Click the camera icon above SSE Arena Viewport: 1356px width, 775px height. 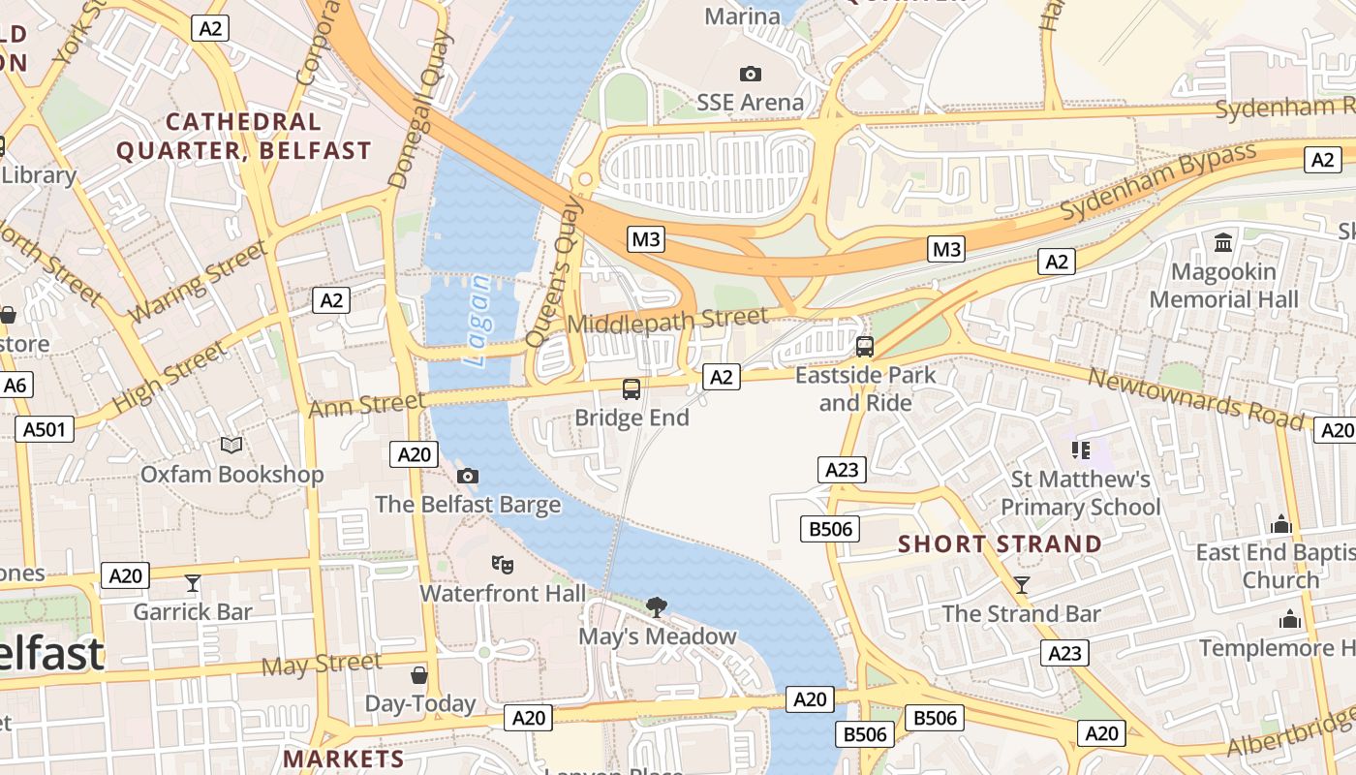tap(750, 74)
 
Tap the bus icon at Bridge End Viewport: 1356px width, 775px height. tap(632, 389)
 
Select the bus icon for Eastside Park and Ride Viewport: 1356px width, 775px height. tap(865, 346)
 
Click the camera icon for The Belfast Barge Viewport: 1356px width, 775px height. tap(468, 476)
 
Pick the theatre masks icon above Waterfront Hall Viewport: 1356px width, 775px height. tap(502, 563)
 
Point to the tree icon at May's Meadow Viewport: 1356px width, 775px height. tap(657, 607)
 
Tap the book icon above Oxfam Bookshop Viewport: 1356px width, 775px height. tap(231, 445)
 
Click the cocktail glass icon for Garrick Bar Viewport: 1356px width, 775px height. tap(193, 582)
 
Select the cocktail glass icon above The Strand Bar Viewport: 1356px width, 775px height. tap(1021, 584)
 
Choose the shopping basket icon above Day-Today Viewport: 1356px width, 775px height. tap(419, 674)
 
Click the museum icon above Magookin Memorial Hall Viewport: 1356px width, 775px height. tap(1223, 242)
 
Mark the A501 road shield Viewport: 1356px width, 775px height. tap(45, 429)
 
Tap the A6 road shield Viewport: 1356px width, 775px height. tap(15, 386)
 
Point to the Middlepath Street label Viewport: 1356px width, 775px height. tap(667, 319)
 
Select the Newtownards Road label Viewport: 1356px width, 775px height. tap(1195, 397)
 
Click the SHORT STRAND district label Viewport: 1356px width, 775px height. tap(1000, 543)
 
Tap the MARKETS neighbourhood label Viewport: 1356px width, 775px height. tap(344, 759)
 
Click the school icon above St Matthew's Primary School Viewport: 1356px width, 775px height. tap(1081, 449)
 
